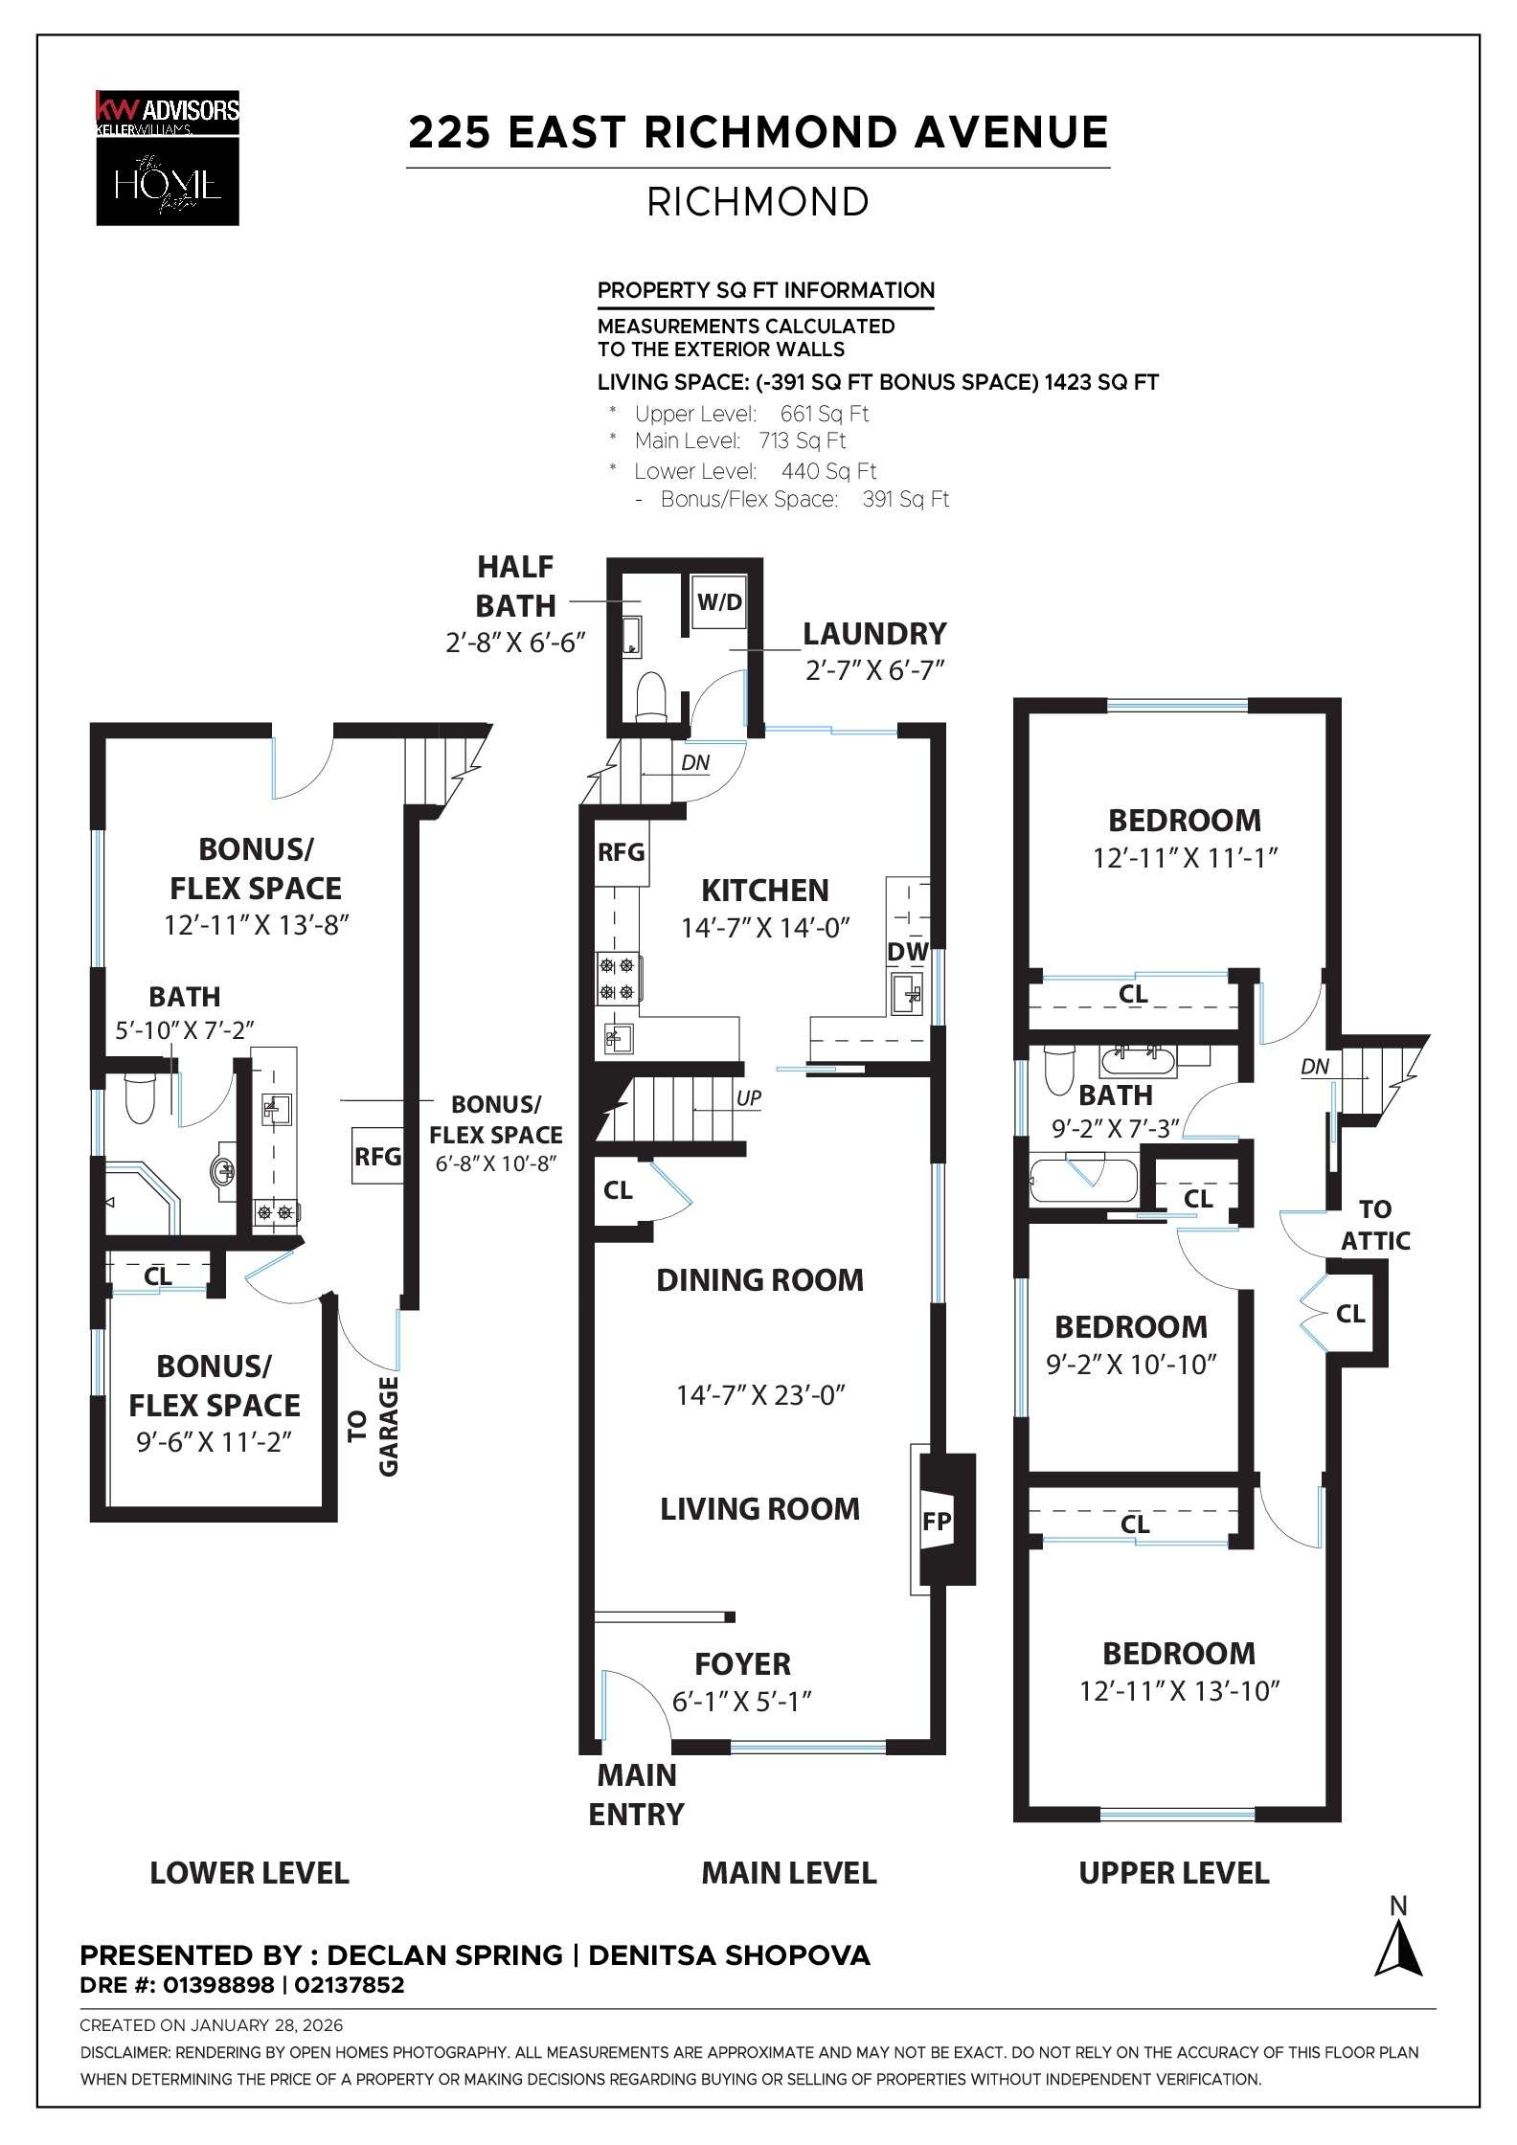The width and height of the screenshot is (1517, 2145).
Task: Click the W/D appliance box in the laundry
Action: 718,602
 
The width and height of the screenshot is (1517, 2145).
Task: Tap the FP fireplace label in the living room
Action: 936,1521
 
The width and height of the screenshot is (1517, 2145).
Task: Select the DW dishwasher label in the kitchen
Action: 907,951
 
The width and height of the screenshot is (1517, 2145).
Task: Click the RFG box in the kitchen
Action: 622,852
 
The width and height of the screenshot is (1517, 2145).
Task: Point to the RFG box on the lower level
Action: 377,1156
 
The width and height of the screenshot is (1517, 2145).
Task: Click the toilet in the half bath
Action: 651,694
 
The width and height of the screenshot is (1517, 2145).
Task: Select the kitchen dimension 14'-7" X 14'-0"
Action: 765,928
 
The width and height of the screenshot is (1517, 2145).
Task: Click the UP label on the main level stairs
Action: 749,1098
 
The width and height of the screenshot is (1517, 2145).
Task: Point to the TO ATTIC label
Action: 1375,1225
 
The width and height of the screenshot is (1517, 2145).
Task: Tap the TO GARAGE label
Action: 374,1427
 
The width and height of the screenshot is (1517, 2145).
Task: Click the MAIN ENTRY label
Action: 636,1795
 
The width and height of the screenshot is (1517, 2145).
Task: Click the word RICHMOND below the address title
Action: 758,202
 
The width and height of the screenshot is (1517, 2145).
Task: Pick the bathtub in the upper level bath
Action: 1083,1182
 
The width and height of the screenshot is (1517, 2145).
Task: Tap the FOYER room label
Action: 742,1664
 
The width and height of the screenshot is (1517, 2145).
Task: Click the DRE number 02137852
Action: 349,1985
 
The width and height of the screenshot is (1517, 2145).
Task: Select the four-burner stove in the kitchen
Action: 618,979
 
